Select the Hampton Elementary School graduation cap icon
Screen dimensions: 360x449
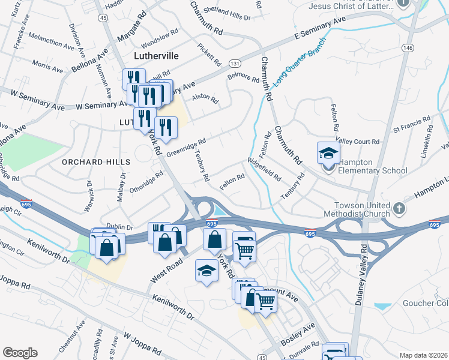pos(328,153)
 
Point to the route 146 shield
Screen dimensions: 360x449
pos(408,47)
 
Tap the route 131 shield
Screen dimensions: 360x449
pos(235,63)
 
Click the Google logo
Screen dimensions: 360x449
pos(20,353)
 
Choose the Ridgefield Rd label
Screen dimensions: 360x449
pos(265,169)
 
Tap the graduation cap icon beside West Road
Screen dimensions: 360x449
pos(206,271)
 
